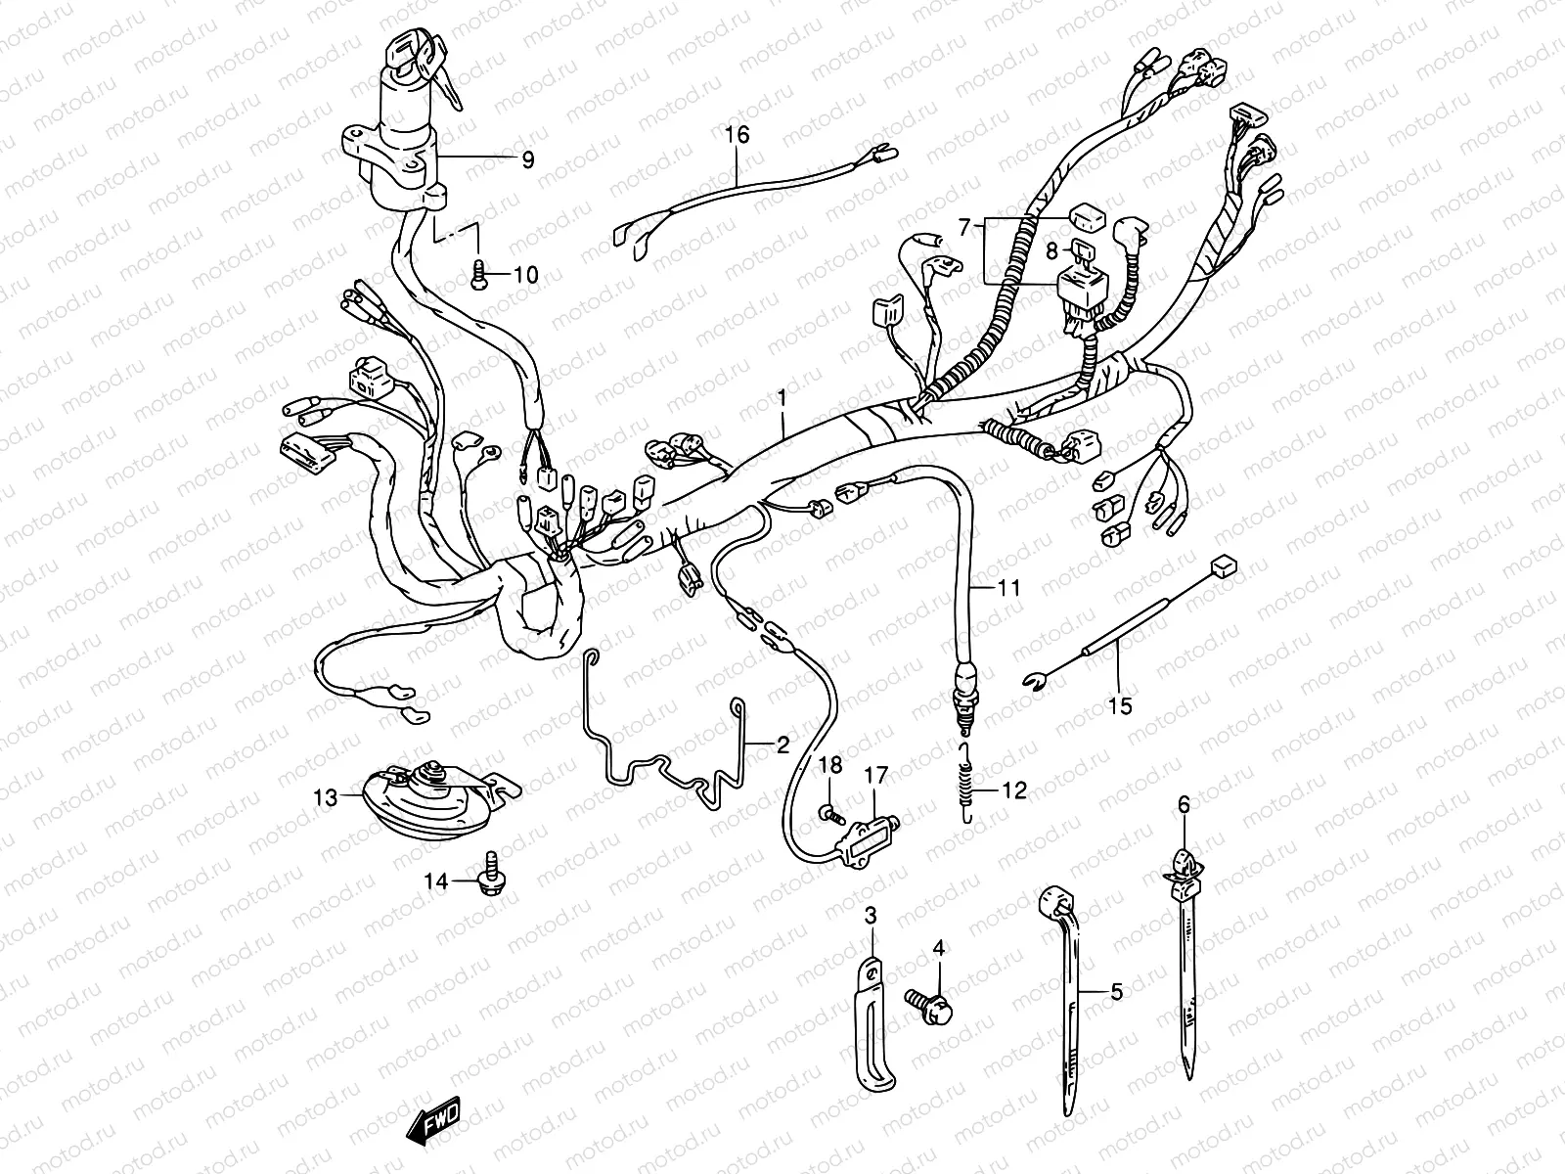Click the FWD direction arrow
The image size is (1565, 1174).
pyautogui.click(x=433, y=1120)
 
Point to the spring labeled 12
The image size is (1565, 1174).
pyautogui.click(x=966, y=783)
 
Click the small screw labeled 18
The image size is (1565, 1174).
pyautogui.click(x=830, y=812)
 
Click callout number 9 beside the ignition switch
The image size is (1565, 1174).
pyautogui.click(x=527, y=159)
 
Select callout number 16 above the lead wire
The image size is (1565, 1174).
pyautogui.click(x=738, y=134)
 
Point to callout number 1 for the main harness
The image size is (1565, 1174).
pyautogui.click(x=782, y=396)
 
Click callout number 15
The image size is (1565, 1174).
pyautogui.click(x=1120, y=705)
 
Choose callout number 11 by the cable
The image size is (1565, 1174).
pyautogui.click(x=1008, y=588)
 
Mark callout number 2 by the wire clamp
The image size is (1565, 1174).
pyautogui.click(x=782, y=745)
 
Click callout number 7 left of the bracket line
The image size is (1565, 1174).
pyautogui.click(x=964, y=227)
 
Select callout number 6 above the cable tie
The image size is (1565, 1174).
pyautogui.click(x=1184, y=804)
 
